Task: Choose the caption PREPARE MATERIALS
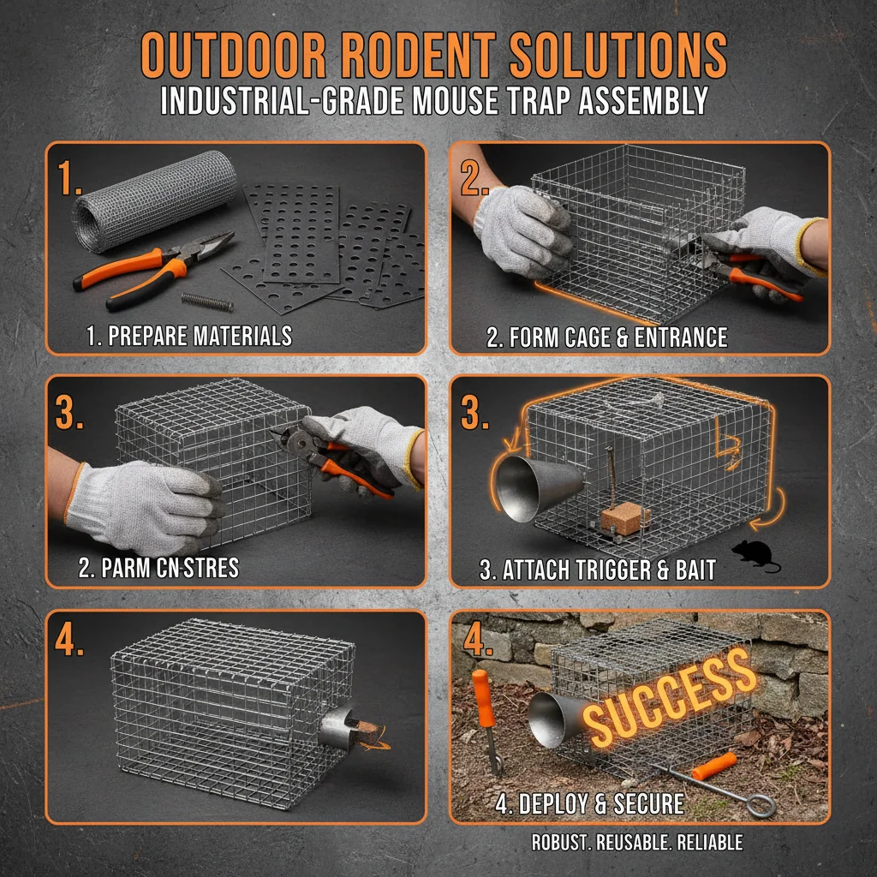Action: (189, 337)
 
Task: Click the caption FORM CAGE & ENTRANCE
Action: (606, 337)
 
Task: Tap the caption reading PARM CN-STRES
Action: (158, 568)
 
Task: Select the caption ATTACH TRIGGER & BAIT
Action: (597, 570)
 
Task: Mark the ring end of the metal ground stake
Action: (761, 805)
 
